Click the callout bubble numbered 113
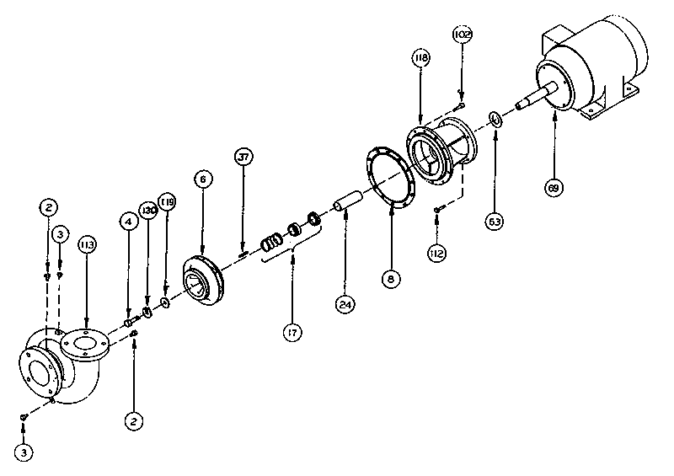pyautogui.click(x=87, y=244)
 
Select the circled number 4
pyautogui.click(x=128, y=222)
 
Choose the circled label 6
pyautogui.click(x=202, y=179)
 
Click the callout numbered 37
pyautogui.click(x=243, y=158)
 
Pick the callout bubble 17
pyautogui.click(x=292, y=334)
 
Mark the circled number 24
pyautogui.click(x=344, y=305)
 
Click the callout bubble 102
pyautogui.click(x=462, y=35)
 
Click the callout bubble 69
pyautogui.click(x=554, y=189)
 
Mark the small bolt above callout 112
pyautogui.click(x=438, y=210)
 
